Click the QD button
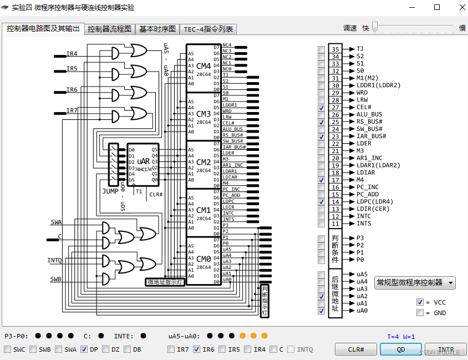point(400,349)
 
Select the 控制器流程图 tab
point(110,29)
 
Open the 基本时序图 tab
point(157,29)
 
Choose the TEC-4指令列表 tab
point(208,29)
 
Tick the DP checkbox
point(84,349)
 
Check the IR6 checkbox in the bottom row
point(197,349)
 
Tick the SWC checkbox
point(7,349)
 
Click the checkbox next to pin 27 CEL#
point(322,108)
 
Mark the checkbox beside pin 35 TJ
point(322,49)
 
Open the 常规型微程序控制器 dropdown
point(414,282)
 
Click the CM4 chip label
point(204,67)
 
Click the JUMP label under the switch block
point(110,191)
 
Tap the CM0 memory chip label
point(204,259)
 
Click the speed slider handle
point(375,27)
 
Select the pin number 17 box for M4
point(335,180)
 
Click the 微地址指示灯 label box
point(165,282)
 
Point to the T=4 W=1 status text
point(401,336)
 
